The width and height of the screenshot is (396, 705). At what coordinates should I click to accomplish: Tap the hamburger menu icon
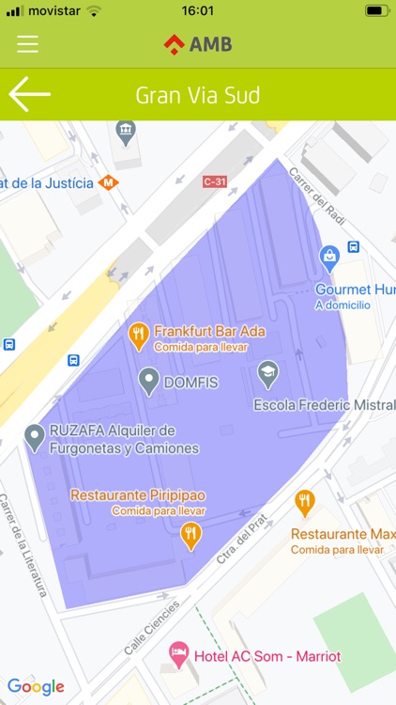point(28,44)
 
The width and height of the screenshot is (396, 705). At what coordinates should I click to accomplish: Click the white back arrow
point(29,95)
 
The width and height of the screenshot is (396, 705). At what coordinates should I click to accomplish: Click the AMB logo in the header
point(198,44)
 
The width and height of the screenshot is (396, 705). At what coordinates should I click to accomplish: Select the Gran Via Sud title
point(198,96)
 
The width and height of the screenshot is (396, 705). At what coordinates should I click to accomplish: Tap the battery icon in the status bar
point(377,11)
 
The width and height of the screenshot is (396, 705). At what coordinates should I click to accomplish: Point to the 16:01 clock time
point(198,11)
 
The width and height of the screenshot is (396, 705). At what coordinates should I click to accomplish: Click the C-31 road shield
point(214,181)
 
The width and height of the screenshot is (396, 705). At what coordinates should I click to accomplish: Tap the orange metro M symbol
point(110,182)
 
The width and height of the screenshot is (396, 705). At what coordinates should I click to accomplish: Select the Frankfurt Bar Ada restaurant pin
point(139,335)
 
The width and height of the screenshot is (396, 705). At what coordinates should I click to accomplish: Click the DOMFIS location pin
point(148,381)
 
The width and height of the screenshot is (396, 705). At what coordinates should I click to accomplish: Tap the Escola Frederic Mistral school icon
point(268,373)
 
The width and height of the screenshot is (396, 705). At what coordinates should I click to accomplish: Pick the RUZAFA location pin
point(35,436)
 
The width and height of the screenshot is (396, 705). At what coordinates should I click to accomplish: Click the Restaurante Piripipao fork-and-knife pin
point(191,535)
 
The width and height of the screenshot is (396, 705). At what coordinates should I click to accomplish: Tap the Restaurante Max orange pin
point(305,502)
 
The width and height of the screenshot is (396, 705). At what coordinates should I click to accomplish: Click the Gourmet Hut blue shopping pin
point(329,255)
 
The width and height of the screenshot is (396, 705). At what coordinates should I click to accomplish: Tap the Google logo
point(36,686)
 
